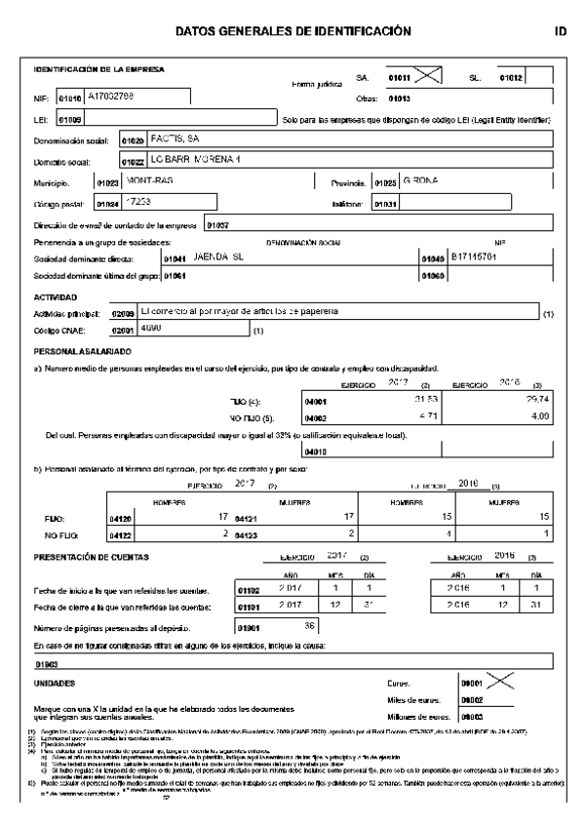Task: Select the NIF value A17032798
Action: (110, 97)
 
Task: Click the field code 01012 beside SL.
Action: (513, 75)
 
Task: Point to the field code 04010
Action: (317, 452)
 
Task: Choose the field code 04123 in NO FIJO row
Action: (248, 534)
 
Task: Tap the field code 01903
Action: (47, 662)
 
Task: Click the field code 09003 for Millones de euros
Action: (473, 719)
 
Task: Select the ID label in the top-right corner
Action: (560, 32)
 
